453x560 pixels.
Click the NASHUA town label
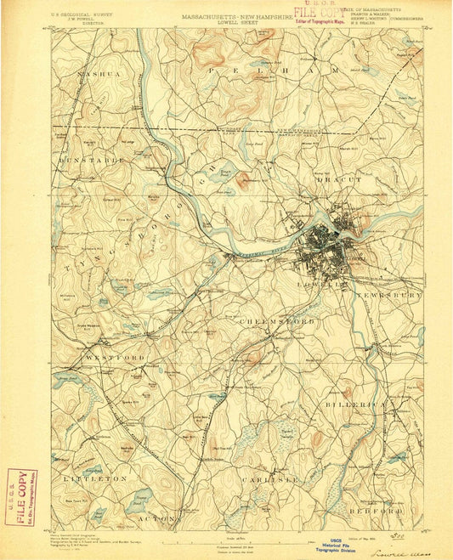[96, 75]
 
